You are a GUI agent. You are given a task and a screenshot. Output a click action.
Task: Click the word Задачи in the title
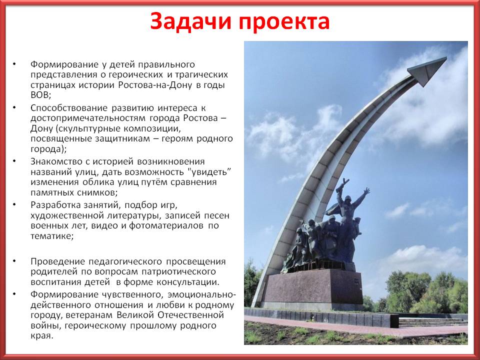pos(190,21)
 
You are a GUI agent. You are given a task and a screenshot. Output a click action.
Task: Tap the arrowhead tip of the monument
pos(446,57)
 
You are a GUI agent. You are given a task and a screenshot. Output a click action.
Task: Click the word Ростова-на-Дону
pos(156,85)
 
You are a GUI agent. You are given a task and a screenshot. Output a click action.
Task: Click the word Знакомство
pos(56,161)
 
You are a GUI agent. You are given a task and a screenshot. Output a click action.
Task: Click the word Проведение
pos(57,261)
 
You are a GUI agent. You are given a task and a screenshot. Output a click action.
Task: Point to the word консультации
pos(192,282)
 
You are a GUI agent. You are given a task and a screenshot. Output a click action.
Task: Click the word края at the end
pos(41,336)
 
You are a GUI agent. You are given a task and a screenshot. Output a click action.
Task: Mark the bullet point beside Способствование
pos(14,107)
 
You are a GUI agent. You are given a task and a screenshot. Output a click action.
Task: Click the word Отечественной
pos(190,315)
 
